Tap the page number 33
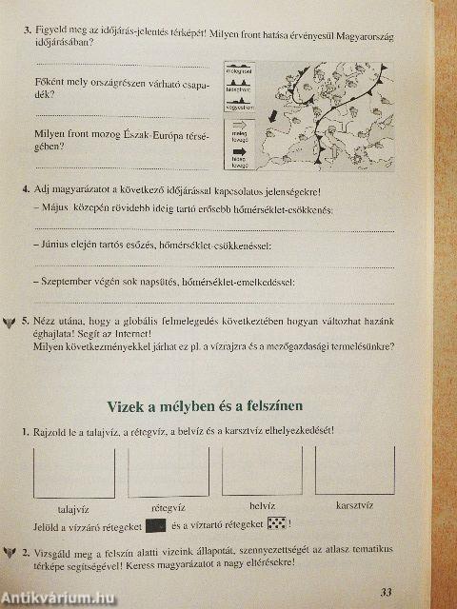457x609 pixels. click(x=386, y=592)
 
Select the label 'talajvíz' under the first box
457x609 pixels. click(x=72, y=507)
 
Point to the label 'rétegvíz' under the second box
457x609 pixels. click(x=168, y=507)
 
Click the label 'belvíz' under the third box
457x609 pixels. click(x=261, y=506)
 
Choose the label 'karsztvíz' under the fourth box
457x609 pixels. click(x=354, y=506)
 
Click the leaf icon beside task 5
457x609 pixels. click(x=10, y=322)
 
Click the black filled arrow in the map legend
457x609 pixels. click(x=238, y=151)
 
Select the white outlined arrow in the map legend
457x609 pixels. click(x=238, y=125)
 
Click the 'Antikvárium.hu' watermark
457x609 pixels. click(x=59, y=598)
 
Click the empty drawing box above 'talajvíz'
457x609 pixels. click(x=72, y=471)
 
